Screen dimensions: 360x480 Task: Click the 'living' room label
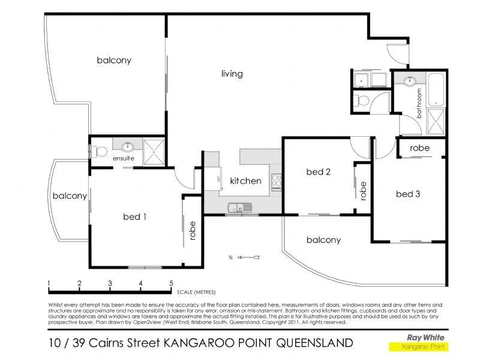[x=232, y=74]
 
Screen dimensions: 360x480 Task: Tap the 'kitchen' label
[x=246, y=181]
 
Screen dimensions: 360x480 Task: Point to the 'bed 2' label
[x=319, y=172]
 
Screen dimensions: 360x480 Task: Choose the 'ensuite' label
[x=124, y=158]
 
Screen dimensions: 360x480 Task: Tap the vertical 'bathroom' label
[x=419, y=102]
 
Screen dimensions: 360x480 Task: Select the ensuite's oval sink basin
[x=128, y=146]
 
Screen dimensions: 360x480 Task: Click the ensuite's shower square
[x=155, y=150]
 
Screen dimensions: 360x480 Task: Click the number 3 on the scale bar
[x=110, y=284]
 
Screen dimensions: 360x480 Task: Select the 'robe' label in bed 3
[x=419, y=148]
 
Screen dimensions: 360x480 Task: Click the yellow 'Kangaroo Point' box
[x=418, y=347]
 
